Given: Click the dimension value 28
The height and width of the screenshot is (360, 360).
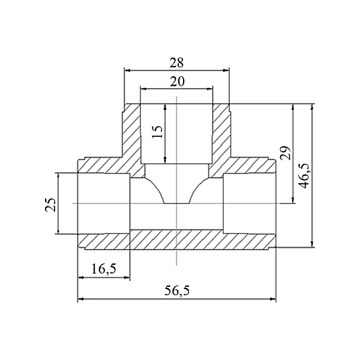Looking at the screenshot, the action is click(176, 62).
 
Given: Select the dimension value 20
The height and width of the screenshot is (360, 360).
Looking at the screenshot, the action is click(177, 82).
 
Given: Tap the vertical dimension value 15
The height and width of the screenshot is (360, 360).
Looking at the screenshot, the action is click(157, 132).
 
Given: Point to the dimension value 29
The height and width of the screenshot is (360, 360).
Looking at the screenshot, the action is click(286, 152).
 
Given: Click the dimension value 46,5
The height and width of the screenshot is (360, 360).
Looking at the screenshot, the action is click(305, 176).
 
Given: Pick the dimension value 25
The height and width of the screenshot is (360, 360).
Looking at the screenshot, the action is click(50, 205).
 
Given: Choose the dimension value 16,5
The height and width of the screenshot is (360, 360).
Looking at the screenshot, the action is click(104, 269).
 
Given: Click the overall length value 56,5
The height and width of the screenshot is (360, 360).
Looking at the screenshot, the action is click(177, 290).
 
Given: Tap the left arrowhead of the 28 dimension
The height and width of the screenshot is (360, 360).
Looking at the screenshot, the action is click(127, 70).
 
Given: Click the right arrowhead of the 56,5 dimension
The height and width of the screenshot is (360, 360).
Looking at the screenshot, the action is click(273, 299).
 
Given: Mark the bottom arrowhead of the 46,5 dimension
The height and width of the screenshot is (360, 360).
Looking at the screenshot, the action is click(312, 244).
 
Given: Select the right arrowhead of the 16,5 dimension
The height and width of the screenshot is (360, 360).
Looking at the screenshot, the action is click(127, 278).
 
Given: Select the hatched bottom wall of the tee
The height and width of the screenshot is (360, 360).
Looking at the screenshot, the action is click(177, 241).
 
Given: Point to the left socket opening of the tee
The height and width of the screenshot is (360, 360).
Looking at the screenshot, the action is click(104, 203).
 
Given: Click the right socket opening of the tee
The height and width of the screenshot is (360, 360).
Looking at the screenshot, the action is click(250, 203).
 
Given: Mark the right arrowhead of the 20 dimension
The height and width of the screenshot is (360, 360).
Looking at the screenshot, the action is click(209, 89).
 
